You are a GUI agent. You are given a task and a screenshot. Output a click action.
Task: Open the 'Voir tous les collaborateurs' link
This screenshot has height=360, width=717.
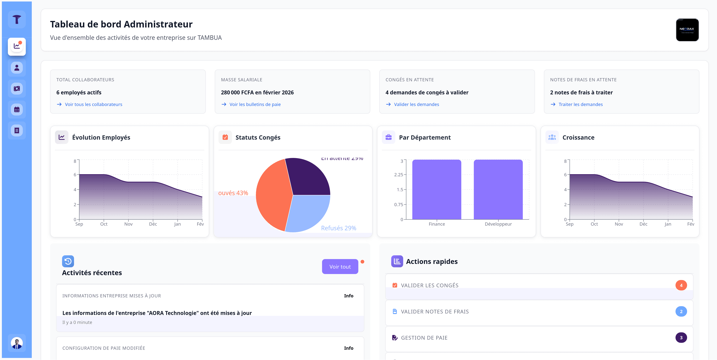click(x=93, y=104)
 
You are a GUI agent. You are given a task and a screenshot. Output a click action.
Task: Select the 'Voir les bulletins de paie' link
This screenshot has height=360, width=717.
click(x=255, y=104)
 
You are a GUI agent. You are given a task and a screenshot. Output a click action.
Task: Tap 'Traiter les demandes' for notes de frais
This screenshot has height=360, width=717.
click(x=580, y=104)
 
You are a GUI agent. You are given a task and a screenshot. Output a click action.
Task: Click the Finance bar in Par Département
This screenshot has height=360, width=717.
click(x=436, y=189)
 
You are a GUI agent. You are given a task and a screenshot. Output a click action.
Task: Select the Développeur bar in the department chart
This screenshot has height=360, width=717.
click(x=498, y=189)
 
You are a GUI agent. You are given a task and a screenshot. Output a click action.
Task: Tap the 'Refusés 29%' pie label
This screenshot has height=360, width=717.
click(x=339, y=228)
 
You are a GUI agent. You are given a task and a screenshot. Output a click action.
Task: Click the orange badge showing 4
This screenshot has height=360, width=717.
click(x=681, y=285)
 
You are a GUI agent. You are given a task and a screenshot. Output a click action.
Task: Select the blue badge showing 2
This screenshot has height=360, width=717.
click(x=681, y=311)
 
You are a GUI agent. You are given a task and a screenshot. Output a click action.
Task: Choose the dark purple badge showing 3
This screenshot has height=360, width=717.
click(x=681, y=337)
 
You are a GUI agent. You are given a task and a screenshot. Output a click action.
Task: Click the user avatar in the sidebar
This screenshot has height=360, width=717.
click(x=17, y=343)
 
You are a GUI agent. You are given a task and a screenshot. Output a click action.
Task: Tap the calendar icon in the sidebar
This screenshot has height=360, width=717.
click(x=17, y=109)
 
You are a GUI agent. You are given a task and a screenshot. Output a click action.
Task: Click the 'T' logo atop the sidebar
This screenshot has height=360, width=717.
click(x=17, y=19)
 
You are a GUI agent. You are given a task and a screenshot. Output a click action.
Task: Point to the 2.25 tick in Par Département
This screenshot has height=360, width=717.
click(x=398, y=175)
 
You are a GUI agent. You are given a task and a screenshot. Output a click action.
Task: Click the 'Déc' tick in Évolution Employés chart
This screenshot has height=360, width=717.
click(x=153, y=224)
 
